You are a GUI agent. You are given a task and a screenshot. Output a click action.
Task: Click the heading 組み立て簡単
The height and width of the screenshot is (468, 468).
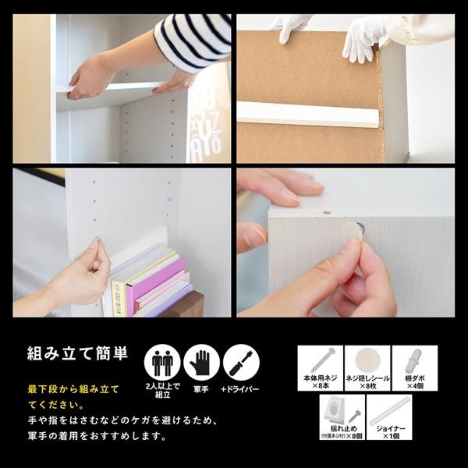pos(77,352)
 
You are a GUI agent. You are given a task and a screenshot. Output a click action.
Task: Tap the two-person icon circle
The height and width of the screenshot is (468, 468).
pos(162,363)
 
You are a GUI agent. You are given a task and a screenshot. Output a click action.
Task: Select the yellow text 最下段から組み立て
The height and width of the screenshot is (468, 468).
pos(73,388)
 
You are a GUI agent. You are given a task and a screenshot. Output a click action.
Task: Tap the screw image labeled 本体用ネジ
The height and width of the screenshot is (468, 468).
pos(320,360)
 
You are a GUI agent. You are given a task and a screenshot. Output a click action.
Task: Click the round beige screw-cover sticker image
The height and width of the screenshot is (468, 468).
pos(367,361)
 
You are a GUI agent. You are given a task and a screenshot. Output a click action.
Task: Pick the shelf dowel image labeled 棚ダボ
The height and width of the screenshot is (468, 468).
pos(413,361)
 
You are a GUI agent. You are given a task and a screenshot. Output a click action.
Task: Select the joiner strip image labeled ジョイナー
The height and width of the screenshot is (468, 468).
pos(389,410)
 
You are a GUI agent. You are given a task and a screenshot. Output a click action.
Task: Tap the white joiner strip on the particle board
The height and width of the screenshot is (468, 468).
pos(308,115)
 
